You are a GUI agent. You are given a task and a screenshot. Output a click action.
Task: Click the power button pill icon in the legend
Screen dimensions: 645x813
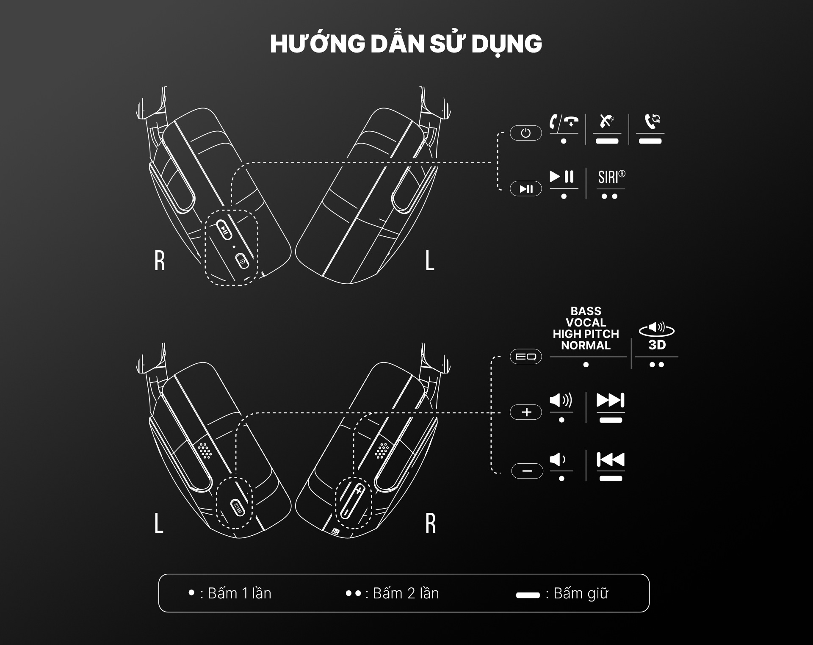tap(525, 133)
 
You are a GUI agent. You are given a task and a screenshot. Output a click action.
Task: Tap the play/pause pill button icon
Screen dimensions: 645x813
tap(525, 189)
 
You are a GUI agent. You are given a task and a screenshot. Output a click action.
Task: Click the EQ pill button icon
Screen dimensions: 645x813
tap(525, 357)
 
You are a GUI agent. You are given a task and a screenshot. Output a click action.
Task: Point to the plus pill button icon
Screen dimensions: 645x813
tap(526, 412)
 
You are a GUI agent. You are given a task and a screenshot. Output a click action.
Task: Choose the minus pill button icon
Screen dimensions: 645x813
tap(527, 471)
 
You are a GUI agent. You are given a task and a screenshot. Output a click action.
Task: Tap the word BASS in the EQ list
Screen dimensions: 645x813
tap(586, 311)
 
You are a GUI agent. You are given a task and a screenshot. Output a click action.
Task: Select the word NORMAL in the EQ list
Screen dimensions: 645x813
tap(586, 346)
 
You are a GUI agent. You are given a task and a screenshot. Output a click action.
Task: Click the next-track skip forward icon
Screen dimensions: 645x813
tap(610, 400)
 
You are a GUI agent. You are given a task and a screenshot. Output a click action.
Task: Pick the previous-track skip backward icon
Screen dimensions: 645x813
tap(610, 460)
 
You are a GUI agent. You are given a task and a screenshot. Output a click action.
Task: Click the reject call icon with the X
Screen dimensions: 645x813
tap(607, 121)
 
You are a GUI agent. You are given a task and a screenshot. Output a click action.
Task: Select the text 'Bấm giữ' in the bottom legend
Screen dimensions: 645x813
tap(581, 594)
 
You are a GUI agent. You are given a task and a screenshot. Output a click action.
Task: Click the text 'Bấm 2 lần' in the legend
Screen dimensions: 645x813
tap(405, 594)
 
